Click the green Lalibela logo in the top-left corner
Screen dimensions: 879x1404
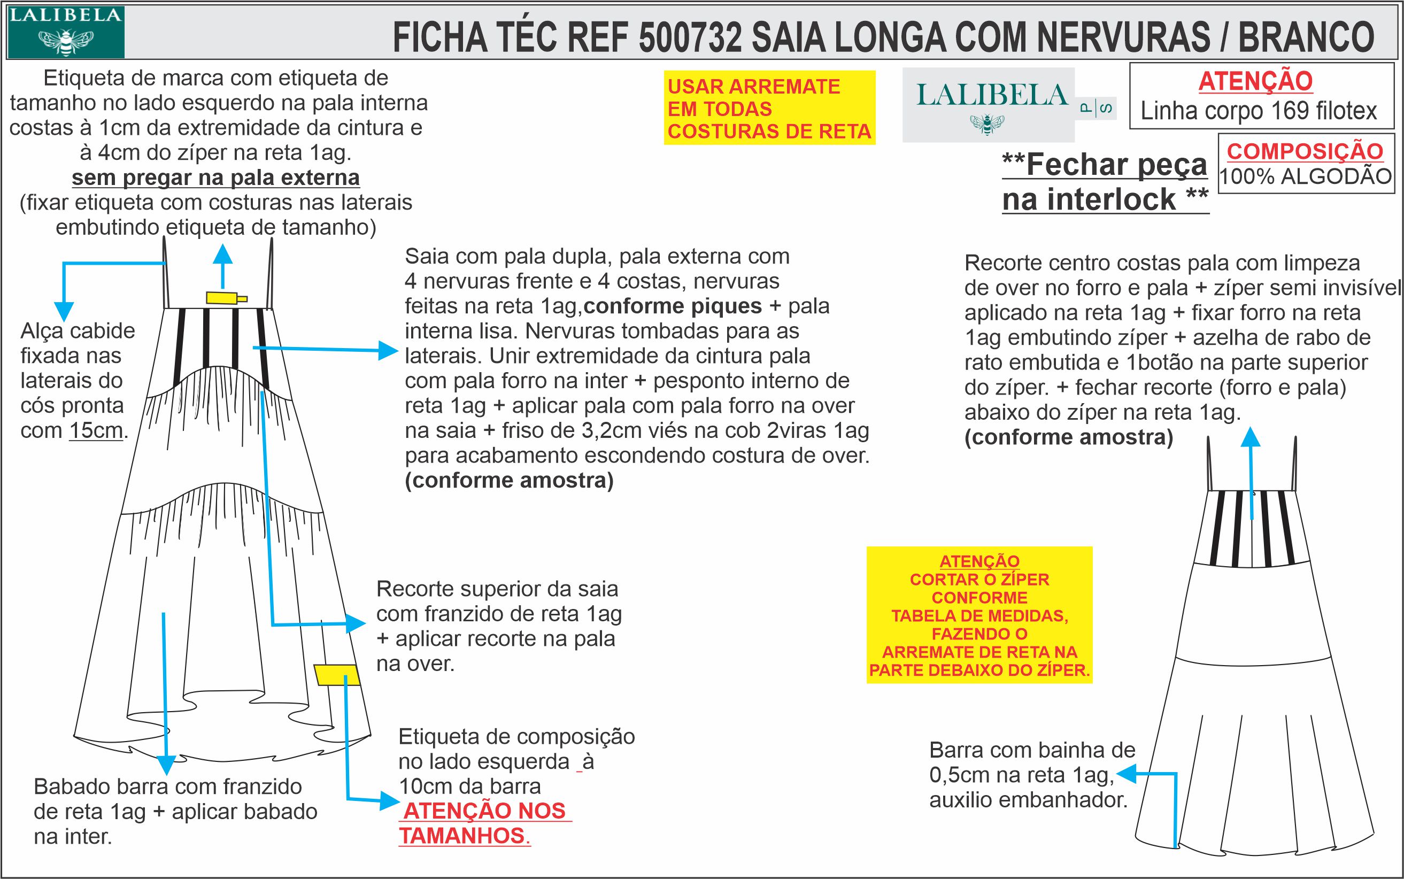65,32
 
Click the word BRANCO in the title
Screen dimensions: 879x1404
1306,38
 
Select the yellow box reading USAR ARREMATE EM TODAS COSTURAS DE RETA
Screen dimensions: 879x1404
769,109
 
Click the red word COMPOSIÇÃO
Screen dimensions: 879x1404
1305,151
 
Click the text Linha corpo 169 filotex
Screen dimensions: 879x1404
1259,111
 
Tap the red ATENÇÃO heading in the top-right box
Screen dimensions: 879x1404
1255,81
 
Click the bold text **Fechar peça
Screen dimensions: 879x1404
1105,165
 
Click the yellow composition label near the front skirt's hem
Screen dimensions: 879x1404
337,675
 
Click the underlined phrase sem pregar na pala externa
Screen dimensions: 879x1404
215,178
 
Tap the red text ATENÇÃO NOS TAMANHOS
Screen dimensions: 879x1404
484,823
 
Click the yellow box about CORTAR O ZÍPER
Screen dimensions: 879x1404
979,614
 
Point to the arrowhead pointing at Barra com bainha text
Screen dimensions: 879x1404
1125,774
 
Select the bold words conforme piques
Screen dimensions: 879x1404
672,306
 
